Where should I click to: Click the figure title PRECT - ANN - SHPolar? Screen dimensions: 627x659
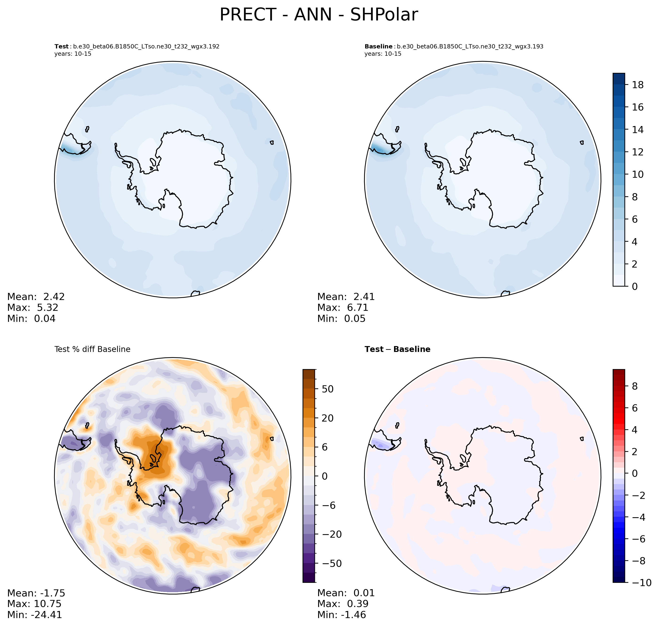pos(319,15)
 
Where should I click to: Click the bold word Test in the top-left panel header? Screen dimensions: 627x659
pos(62,47)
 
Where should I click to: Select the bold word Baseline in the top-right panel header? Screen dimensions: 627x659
pos(378,47)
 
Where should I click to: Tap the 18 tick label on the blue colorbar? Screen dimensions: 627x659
pos(638,85)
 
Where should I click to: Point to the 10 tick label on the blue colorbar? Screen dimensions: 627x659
pos(638,174)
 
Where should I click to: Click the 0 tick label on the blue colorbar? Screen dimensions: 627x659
pos(635,286)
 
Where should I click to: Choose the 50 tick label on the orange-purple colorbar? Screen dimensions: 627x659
pos(328,389)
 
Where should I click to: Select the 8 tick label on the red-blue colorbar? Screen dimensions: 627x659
pos(635,386)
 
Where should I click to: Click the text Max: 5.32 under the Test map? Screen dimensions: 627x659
pos(33,308)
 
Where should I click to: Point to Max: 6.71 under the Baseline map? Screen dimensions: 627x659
pos(343,308)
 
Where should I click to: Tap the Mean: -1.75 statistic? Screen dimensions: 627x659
pos(36,593)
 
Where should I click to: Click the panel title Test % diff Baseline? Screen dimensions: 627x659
pos(92,349)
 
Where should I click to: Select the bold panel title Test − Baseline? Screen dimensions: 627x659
pos(397,349)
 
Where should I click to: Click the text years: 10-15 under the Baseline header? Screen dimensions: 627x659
pos(383,54)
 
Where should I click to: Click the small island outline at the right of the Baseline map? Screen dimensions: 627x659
pos(582,142)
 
